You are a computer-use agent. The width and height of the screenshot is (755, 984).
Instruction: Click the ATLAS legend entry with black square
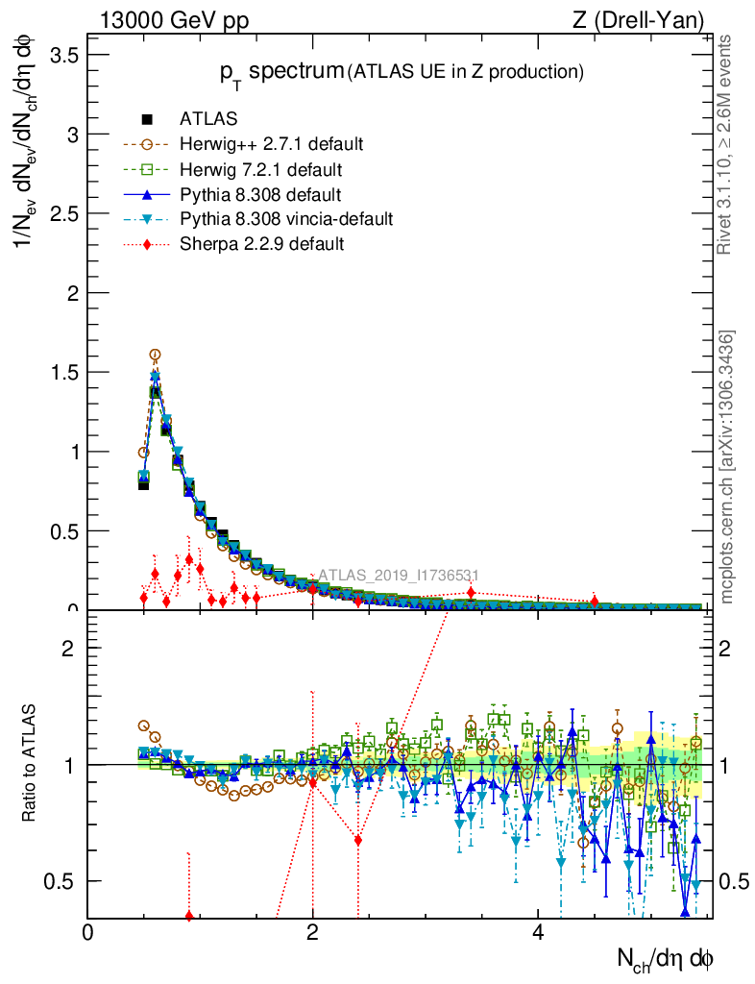(x=208, y=119)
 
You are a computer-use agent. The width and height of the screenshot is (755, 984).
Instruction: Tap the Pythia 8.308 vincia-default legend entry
(x=285, y=219)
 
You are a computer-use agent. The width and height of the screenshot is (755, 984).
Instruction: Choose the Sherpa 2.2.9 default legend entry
(x=261, y=244)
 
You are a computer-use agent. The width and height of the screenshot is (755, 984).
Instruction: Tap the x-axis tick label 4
(x=538, y=933)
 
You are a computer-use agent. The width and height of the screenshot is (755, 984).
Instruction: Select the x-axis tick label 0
(x=88, y=933)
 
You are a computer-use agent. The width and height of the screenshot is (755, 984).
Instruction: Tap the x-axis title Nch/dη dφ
(x=665, y=957)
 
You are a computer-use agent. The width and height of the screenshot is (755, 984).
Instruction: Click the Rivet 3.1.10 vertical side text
(x=727, y=144)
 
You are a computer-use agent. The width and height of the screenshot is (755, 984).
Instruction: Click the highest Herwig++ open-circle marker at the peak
(x=155, y=355)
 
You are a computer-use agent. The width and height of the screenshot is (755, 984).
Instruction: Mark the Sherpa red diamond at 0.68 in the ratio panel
(x=358, y=840)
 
